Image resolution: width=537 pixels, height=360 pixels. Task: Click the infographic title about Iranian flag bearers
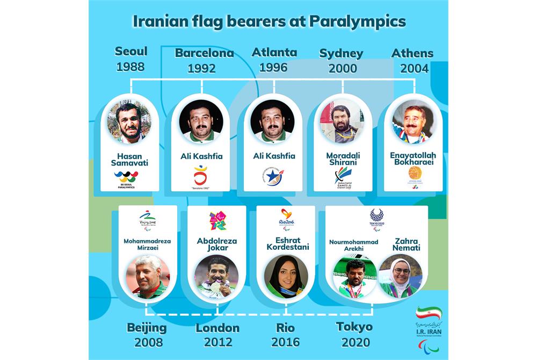268,22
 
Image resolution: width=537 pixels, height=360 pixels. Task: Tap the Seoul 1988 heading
131,59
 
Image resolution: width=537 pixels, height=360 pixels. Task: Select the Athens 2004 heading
412,61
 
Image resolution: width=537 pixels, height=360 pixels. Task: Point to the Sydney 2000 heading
342,61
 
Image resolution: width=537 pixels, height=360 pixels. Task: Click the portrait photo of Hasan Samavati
129,121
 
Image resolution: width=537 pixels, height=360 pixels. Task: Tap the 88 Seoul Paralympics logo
126,179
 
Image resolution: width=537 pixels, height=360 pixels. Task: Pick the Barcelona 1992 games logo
201,178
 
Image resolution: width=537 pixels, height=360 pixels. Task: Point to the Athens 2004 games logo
414,176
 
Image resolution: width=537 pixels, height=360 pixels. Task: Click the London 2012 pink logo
217,221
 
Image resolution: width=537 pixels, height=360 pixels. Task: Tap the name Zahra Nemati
407,245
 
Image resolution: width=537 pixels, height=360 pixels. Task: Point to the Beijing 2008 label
147,335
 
